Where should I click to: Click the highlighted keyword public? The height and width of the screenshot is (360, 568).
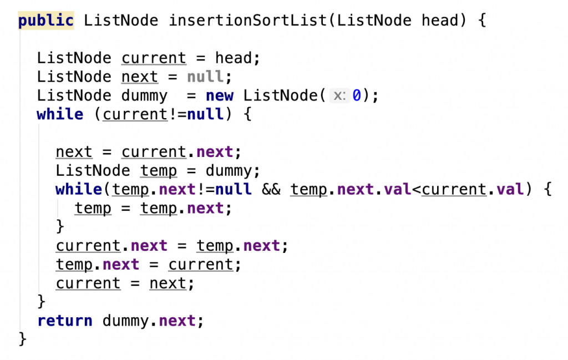46,21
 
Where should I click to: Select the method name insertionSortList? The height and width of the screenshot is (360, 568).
248,21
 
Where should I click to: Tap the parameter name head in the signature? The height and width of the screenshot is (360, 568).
440,21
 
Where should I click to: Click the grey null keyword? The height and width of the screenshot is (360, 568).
205,77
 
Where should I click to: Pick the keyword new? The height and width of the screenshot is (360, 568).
220,95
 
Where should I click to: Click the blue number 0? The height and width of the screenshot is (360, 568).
357,95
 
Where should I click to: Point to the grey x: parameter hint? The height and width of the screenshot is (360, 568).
339,95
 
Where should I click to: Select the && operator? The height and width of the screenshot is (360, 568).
271,189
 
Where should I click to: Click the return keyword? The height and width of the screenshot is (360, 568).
65,321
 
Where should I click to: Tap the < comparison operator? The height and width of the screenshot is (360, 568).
417,190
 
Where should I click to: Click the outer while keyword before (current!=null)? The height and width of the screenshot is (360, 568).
60,114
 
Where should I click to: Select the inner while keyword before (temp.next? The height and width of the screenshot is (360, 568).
79,189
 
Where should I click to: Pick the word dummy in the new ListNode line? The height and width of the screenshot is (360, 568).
144,96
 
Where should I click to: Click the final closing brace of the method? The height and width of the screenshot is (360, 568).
22,339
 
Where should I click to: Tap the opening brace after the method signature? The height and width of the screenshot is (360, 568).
482,21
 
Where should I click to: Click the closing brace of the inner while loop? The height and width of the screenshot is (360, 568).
60,227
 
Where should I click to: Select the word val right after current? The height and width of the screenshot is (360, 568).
510,189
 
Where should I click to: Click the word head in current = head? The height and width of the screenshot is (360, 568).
234,58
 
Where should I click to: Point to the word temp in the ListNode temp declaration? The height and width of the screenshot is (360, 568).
159,171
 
